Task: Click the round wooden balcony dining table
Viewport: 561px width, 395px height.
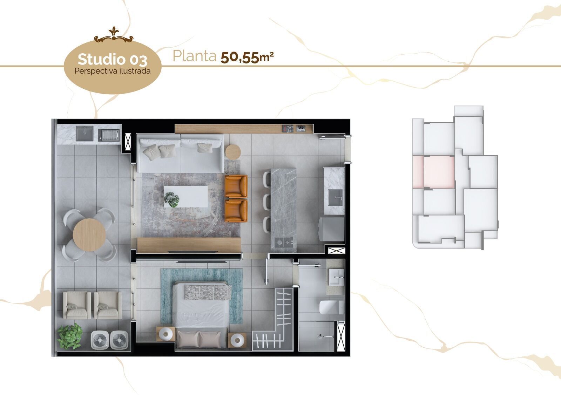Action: coord(89,235)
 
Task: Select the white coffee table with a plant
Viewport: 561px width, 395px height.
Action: coord(186,196)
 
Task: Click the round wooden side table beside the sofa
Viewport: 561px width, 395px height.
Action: coord(233,152)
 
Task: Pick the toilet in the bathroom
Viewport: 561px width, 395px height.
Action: coord(330,307)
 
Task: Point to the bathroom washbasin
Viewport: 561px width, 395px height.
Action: coord(337,277)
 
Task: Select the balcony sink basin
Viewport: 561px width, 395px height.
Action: coord(85,133)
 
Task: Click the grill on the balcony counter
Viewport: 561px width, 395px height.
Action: coord(109,134)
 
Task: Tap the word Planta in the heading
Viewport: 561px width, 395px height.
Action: coord(194,56)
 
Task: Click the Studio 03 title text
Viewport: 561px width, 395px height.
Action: coord(112,60)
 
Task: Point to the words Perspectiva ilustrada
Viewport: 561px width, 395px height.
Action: coord(112,71)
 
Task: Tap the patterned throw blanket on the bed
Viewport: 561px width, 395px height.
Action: coord(207,292)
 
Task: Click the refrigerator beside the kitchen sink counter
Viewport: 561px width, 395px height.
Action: coord(331,229)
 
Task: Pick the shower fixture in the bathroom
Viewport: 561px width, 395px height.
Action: coord(325,336)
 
